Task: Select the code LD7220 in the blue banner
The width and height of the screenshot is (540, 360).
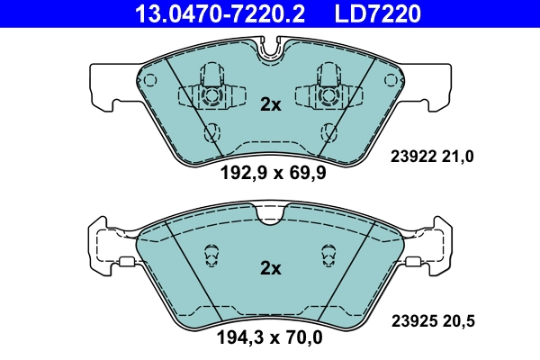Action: click(x=379, y=13)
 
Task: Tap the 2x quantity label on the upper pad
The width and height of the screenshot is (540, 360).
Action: click(x=270, y=104)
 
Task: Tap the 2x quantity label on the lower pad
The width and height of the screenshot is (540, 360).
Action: click(x=270, y=268)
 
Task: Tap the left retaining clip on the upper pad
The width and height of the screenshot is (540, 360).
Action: click(x=211, y=90)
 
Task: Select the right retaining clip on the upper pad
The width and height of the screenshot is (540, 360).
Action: click(x=328, y=90)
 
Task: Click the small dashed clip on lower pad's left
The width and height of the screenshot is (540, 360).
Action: click(x=212, y=256)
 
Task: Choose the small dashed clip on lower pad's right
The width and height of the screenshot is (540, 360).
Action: click(x=328, y=256)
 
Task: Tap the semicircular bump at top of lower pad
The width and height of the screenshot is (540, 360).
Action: click(x=270, y=213)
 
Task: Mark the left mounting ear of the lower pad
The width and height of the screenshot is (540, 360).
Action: click(x=106, y=248)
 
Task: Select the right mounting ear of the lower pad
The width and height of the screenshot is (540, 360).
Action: click(x=434, y=248)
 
